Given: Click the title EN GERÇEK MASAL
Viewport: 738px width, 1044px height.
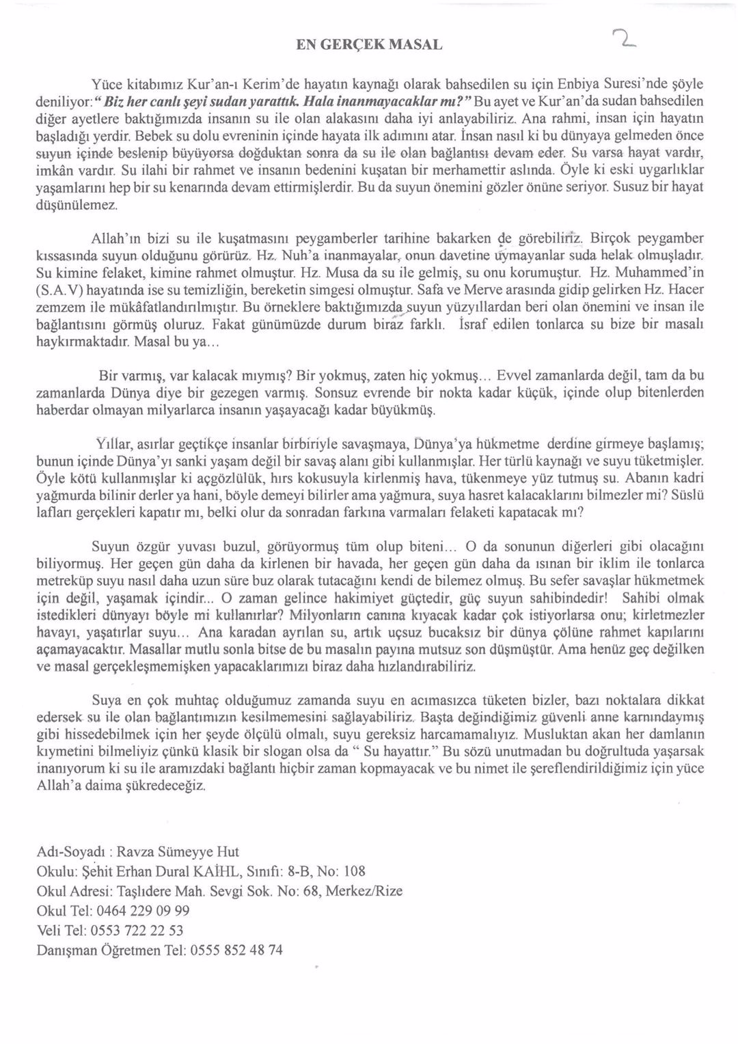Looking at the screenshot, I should (x=369, y=45).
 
